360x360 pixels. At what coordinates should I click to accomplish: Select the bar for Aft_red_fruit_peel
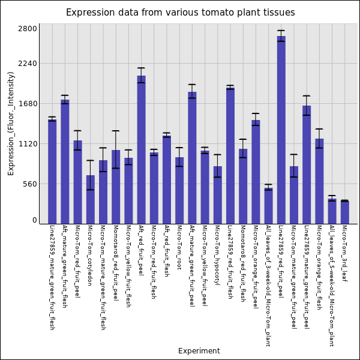[141, 149]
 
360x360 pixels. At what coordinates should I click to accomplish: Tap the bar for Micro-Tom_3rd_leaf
[345, 212]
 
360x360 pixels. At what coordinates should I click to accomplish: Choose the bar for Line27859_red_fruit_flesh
[230, 156]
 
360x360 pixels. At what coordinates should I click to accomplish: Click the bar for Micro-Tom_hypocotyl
[218, 195]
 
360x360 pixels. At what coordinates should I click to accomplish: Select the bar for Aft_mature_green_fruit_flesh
[65, 161]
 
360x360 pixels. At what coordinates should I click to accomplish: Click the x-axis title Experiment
[199, 351]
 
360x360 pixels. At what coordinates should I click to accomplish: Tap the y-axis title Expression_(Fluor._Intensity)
[11, 123]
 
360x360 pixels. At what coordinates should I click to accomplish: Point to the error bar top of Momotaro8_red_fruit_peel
[116, 131]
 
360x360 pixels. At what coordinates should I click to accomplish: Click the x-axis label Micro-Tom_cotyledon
[90, 255]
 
